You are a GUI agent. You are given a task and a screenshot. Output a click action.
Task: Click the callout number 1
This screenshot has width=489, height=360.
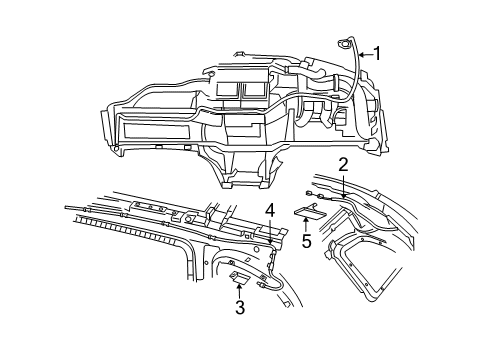(378, 53)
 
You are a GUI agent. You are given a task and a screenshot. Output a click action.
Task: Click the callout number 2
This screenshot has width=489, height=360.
(343, 163)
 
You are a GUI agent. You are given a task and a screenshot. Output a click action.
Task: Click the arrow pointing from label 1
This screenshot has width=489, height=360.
(363, 54)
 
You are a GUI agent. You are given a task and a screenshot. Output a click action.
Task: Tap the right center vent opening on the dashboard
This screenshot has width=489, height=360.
(249, 89)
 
